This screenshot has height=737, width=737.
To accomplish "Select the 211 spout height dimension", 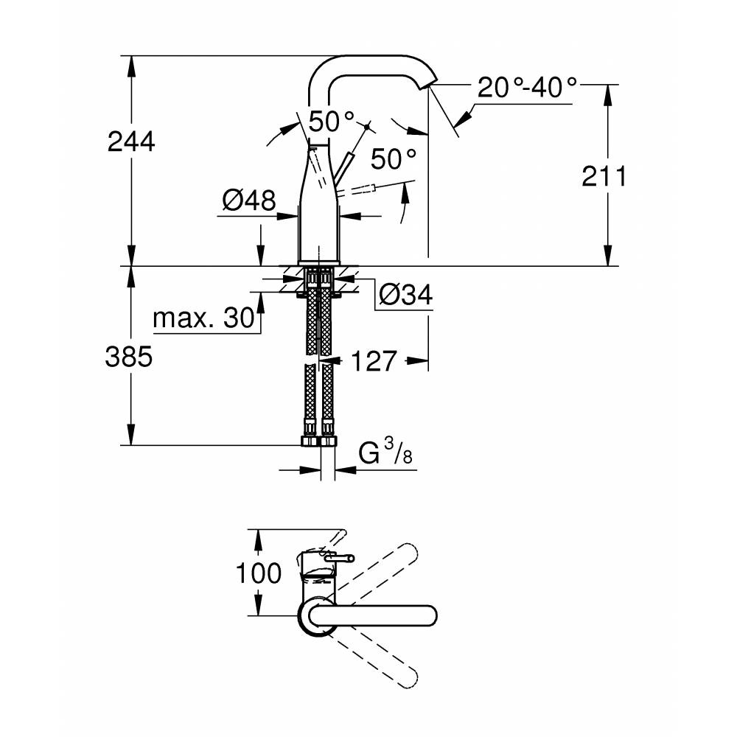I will click(x=604, y=176).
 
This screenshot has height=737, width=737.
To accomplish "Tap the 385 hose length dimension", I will click(x=131, y=357).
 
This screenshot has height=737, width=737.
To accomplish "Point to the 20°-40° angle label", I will click(x=527, y=88).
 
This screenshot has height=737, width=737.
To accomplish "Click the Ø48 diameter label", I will click(x=248, y=199).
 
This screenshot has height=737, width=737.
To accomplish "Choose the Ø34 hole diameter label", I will click(x=405, y=295).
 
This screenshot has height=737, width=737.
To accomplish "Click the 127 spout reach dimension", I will click(x=374, y=361).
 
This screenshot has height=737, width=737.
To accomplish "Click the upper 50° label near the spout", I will click(x=332, y=121).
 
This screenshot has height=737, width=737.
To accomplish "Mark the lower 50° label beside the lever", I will click(x=394, y=158).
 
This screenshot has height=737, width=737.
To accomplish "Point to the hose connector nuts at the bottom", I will click(x=318, y=441).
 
